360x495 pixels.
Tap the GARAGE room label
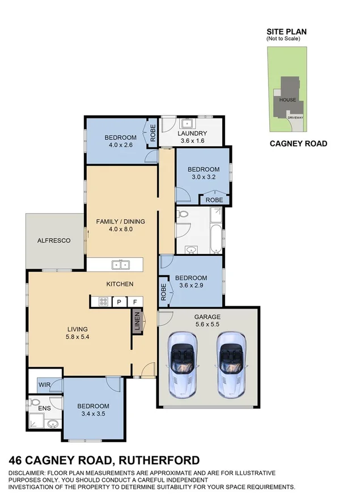(x=207, y=317)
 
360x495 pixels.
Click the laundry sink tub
(x=186, y=122)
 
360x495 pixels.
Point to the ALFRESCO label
(x=54, y=240)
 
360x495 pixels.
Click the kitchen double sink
(x=120, y=264)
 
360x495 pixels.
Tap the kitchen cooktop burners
(x=103, y=302)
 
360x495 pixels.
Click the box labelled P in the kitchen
(x=120, y=302)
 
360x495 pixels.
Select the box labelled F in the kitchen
(x=135, y=302)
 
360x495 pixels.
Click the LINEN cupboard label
(x=137, y=324)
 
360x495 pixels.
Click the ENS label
(x=44, y=407)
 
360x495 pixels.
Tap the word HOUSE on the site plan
(x=287, y=100)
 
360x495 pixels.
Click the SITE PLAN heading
(x=287, y=32)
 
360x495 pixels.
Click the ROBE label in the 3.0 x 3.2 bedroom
(x=214, y=200)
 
